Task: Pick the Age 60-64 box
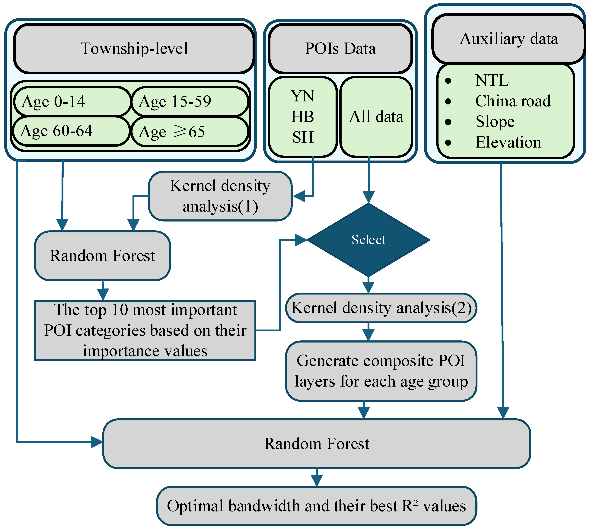coord(71,131)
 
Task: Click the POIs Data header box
coord(340,49)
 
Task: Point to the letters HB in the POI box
coord(303,117)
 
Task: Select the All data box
coord(376,117)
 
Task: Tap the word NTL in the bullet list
coord(492,81)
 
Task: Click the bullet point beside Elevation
coord(448,143)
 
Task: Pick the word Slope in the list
coord(495,122)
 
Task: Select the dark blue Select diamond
coord(368,240)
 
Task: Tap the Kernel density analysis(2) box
coord(381,308)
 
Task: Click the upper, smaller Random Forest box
coord(102,256)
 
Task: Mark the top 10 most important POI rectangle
coord(145,330)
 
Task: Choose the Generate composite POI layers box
coord(381,371)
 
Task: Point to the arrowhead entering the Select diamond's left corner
coord(301,240)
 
